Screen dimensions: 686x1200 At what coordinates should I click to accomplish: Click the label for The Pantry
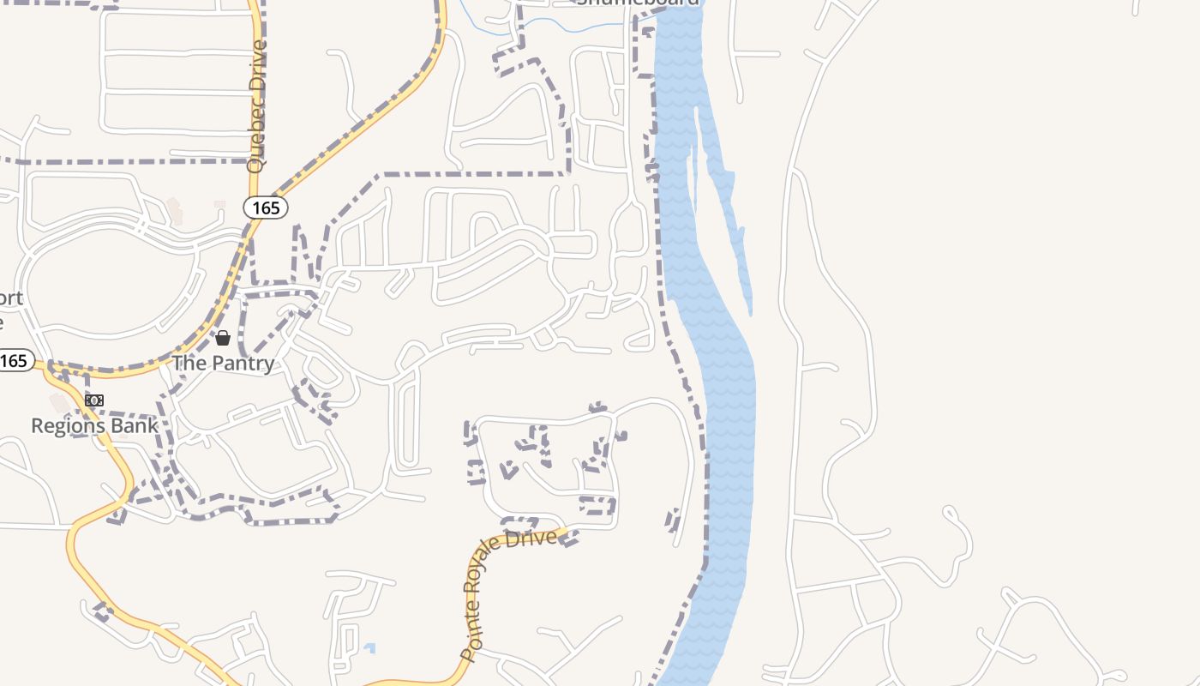pos(223,363)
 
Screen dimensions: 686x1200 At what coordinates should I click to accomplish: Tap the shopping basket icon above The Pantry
pos(223,338)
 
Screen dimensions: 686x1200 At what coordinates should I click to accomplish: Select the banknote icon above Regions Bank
pos(94,400)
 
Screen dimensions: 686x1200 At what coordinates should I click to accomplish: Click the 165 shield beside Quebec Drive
pos(266,208)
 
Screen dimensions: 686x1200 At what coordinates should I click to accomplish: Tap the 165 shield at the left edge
pos(15,361)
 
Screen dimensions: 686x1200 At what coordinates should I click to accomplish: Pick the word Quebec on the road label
pos(255,141)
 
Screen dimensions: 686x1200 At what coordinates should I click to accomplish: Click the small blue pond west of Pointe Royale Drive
pos(369,648)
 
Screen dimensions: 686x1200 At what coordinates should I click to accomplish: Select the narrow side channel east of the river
pos(729,214)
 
